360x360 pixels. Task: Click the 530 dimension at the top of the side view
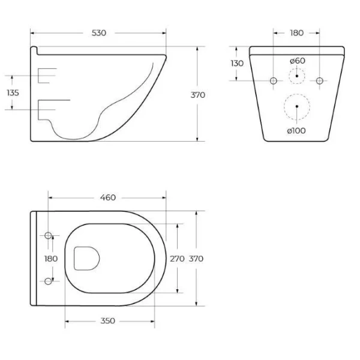click(x=99, y=32)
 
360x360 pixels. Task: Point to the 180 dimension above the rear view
click(x=296, y=32)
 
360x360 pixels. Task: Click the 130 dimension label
click(x=237, y=64)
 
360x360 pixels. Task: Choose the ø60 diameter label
click(x=297, y=61)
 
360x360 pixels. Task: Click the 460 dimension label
click(x=107, y=197)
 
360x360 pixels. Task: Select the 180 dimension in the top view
click(x=51, y=258)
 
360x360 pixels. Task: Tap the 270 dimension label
click(x=178, y=259)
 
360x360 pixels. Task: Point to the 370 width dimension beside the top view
click(x=196, y=259)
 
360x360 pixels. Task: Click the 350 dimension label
click(x=107, y=321)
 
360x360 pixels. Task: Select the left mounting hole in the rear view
click(x=274, y=80)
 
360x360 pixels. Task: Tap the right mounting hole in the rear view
click(x=320, y=80)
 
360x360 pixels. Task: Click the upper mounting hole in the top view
click(x=49, y=235)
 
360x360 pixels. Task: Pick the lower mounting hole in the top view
click(x=49, y=281)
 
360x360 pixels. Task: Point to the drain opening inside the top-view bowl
click(x=86, y=258)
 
